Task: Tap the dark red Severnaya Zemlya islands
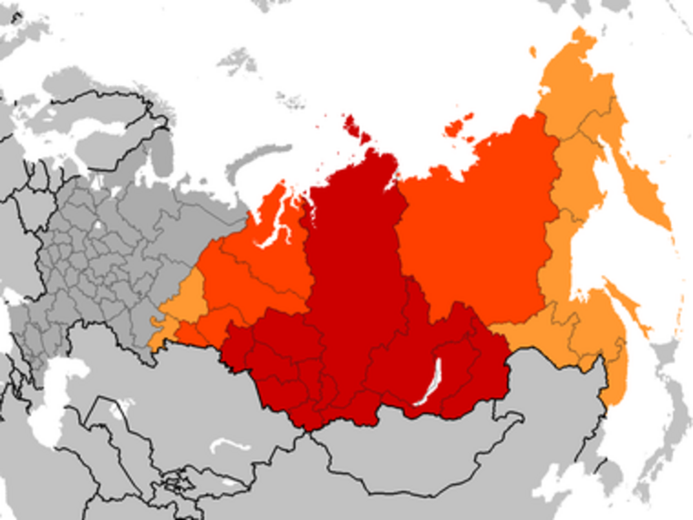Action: [x=354, y=128]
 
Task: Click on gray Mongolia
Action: [x=416, y=453]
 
